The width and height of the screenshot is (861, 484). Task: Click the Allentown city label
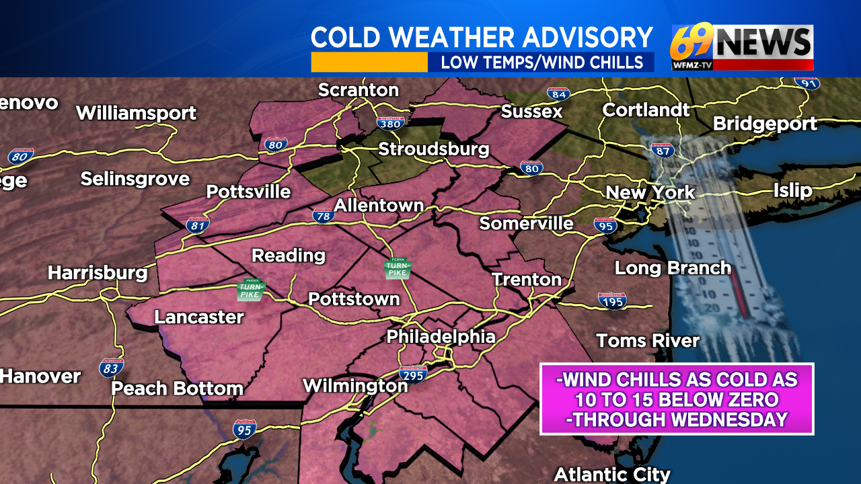point(379,205)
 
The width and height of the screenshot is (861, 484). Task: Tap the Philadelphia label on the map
point(441,337)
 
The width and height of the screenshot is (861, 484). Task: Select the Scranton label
point(358,90)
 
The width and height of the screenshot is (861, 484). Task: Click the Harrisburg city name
point(98,273)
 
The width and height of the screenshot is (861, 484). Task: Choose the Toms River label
point(648,341)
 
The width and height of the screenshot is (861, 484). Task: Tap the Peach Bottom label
point(177,389)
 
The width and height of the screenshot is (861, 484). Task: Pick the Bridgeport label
point(765,124)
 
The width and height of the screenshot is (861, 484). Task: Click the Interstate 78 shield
point(324,215)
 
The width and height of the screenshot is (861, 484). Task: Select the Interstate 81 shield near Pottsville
point(198,225)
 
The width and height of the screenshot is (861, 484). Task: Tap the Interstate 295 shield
point(412,374)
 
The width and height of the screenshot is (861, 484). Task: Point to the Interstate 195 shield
point(612,300)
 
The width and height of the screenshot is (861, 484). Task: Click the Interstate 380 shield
point(389,122)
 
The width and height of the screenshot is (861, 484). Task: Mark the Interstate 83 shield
point(112,367)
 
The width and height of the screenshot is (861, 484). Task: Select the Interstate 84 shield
point(558,94)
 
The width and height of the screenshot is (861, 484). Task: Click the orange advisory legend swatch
point(369,63)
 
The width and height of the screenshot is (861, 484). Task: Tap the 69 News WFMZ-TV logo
point(742,47)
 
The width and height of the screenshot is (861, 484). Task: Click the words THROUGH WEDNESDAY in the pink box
point(677,419)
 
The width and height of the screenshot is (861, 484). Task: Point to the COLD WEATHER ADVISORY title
point(482,38)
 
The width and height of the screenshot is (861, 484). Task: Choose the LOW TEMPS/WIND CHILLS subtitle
point(541,63)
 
